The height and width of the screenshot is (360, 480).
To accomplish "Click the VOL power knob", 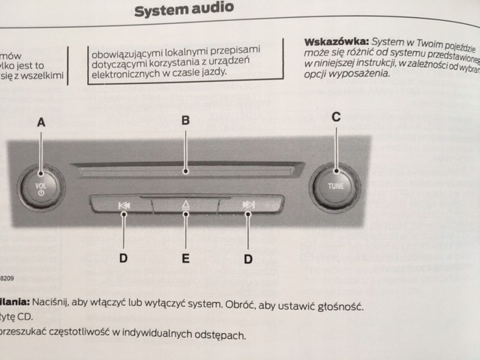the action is pos(39,185).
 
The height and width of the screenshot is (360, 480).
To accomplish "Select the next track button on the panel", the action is pos(248,205).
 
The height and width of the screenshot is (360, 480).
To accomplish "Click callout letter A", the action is pos(40,122).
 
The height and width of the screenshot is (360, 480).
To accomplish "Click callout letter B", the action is pos(185,120).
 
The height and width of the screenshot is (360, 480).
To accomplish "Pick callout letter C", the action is pos(336,116).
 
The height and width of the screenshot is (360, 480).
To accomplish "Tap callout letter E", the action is pos(185,259).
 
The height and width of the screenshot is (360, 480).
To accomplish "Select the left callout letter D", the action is pos(124,258).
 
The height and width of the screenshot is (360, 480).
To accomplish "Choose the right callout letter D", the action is pos(248,259).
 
